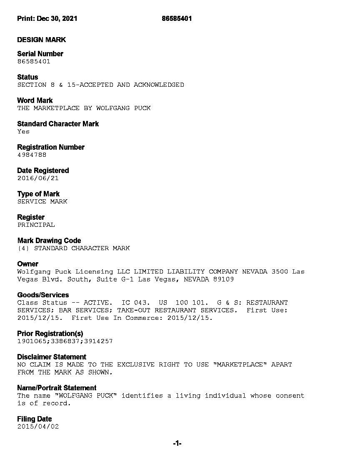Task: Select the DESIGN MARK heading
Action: [41, 40]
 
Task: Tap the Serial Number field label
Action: [40, 54]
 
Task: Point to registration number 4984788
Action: [32, 155]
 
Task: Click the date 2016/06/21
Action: [38, 178]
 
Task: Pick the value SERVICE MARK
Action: [42, 201]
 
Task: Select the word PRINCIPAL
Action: [36, 225]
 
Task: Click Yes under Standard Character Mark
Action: [23, 131]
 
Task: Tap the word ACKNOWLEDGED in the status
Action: [159, 85]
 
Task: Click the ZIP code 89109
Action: [223, 279]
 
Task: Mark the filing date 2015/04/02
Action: [38, 427]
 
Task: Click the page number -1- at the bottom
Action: [177, 444]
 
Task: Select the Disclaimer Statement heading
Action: [52, 357]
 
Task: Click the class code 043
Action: [140, 303]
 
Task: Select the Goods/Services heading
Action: [43, 295]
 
